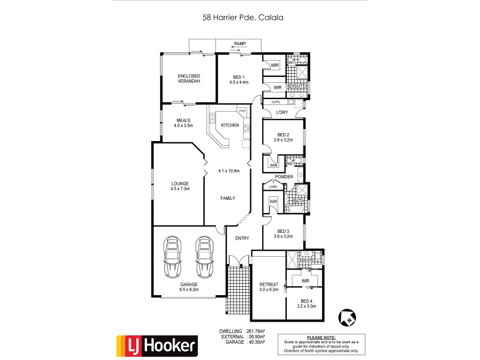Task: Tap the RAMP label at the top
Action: (x=239, y=44)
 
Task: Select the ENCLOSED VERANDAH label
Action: (x=188, y=78)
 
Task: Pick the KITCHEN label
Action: (x=230, y=125)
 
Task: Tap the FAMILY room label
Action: (x=227, y=198)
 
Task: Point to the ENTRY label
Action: (x=242, y=238)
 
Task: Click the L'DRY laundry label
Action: (x=282, y=112)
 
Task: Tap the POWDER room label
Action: (x=284, y=176)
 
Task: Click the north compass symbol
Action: (x=346, y=316)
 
